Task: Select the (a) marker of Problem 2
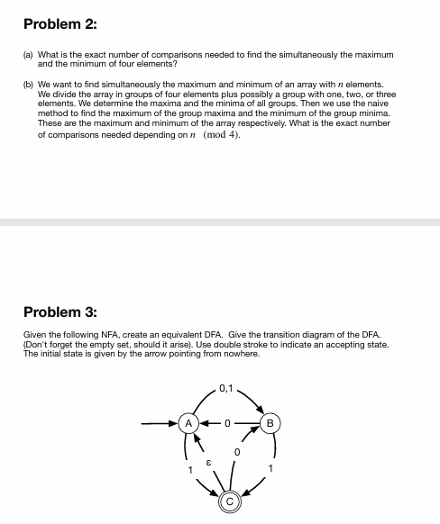(28, 56)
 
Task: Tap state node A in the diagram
(189, 421)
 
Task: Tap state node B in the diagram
(271, 421)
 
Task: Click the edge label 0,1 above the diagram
(227, 388)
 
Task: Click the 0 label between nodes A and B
(230, 421)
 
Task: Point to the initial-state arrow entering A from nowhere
(162, 421)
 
